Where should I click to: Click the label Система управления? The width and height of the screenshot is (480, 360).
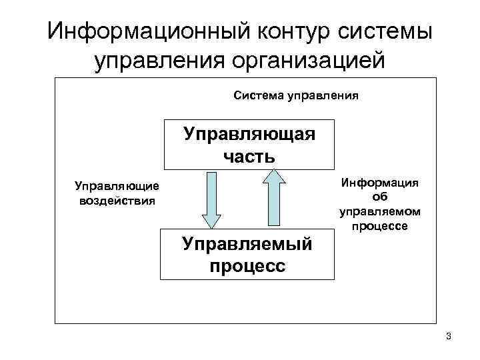point(296,95)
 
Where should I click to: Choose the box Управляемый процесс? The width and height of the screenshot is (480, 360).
point(247,255)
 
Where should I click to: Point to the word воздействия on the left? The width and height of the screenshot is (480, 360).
point(117,199)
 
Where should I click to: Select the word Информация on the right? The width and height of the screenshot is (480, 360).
point(380,183)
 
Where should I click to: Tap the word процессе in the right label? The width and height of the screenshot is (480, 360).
point(380,227)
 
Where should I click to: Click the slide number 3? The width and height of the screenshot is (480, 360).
point(449,335)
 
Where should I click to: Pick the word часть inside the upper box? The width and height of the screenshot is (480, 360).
point(249,157)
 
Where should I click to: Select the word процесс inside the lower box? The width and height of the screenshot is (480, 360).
point(247,266)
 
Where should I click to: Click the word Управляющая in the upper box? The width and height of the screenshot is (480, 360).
point(249,133)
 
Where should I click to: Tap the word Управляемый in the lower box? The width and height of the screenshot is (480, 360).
point(247,243)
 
